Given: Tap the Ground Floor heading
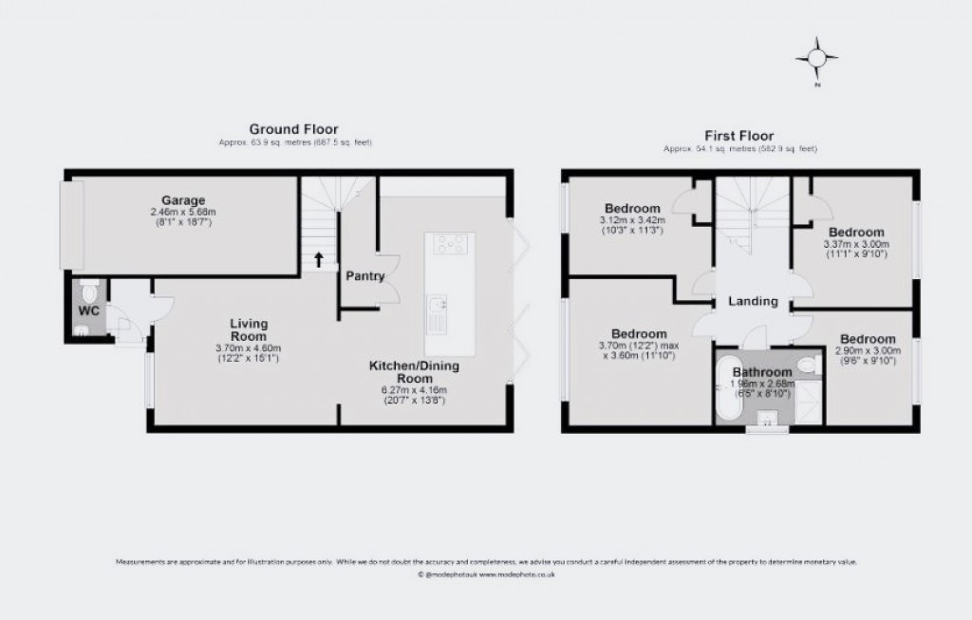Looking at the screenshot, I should click(293, 128).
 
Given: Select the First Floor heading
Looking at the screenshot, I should click(739, 136).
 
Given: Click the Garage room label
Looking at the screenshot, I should click(183, 200).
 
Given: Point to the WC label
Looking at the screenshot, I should click(87, 310).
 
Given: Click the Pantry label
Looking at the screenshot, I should click(365, 277).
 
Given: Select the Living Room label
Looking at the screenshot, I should click(248, 329).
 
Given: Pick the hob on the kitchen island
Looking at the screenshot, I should click(449, 244).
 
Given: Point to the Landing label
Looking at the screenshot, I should click(753, 302).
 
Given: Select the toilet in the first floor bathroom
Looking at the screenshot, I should click(808, 365).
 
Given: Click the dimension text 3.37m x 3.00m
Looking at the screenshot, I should click(855, 243).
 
